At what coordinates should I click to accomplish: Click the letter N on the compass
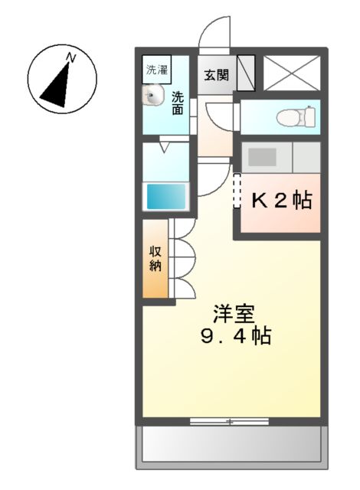pos(70,57)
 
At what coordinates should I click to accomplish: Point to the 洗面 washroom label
pos(177,103)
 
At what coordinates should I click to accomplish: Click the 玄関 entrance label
pos(216,75)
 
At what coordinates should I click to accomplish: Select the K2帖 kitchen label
pos(282,201)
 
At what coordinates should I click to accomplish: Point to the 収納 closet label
pos(155,260)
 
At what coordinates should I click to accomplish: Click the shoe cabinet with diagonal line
pos(247,74)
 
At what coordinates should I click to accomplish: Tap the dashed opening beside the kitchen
pos(237,191)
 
